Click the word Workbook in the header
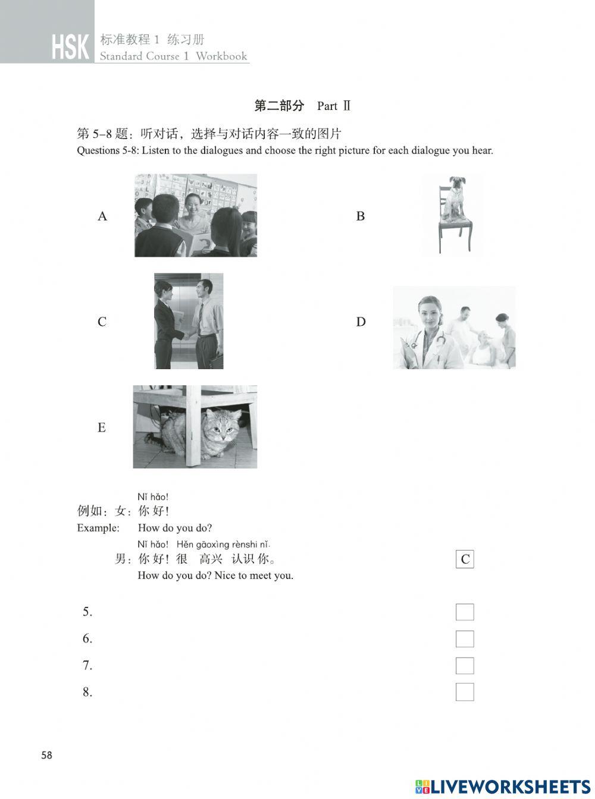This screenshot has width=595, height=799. point(221,56)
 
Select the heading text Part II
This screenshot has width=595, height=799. point(334,106)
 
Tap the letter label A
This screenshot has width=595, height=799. point(102,216)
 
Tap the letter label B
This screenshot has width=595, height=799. point(361,216)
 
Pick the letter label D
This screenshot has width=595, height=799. point(361,322)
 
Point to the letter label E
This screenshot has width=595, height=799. point(102,428)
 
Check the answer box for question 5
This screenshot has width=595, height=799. point(465,612)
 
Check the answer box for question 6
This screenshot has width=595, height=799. point(465,638)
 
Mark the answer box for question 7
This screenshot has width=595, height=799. point(465,665)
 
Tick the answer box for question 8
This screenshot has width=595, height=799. point(465,692)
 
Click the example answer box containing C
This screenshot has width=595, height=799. point(465,559)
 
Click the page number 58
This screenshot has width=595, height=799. point(46,756)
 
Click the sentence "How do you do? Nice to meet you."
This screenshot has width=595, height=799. point(215,575)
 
